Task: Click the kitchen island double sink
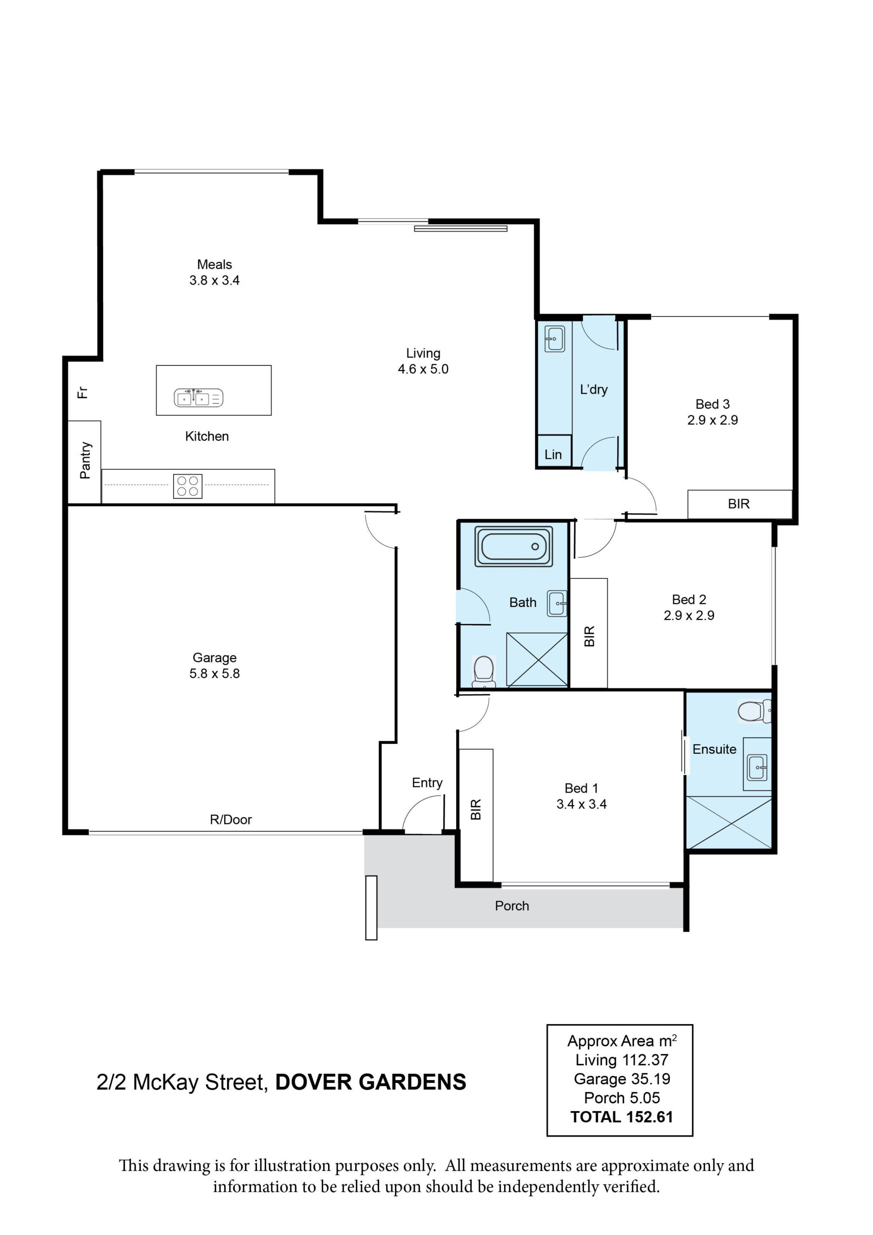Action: (x=199, y=398)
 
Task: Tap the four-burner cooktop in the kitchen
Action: (x=188, y=486)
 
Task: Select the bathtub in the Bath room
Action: (x=513, y=547)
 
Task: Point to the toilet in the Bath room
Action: (x=484, y=672)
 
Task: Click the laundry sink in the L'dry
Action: (x=555, y=339)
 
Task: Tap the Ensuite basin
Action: (x=757, y=767)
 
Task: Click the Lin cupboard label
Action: (x=553, y=454)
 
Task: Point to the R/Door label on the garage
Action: (x=231, y=819)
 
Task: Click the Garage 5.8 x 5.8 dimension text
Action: (x=215, y=673)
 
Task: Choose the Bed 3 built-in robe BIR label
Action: (x=738, y=504)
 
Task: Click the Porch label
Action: (x=512, y=906)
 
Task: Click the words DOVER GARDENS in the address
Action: (x=370, y=1082)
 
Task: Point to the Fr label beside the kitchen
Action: (x=82, y=392)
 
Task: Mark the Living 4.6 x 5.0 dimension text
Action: (x=423, y=369)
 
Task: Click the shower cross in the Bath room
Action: (x=537, y=660)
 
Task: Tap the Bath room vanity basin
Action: (x=557, y=604)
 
